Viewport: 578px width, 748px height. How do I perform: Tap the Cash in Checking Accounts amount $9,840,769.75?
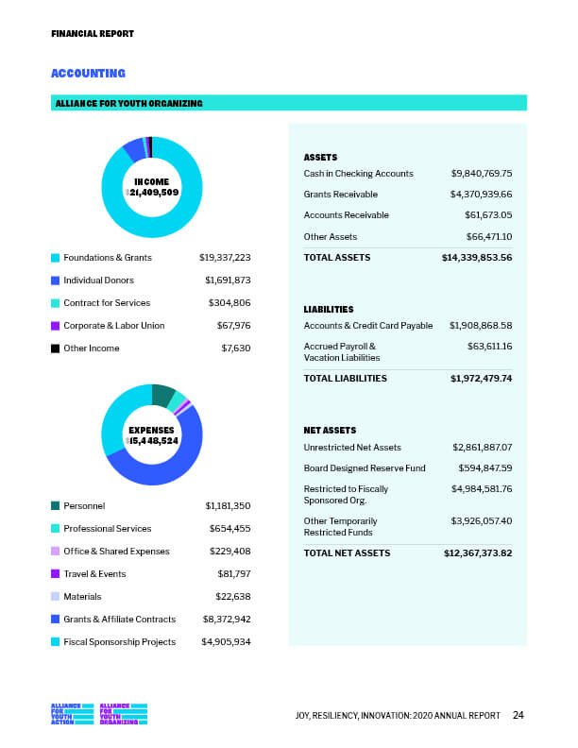click(x=481, y=174)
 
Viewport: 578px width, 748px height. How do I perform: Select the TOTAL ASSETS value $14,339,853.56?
click(x=476, y=257)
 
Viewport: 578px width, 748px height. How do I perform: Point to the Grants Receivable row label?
click(x=340, y=195)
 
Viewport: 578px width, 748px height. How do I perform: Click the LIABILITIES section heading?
click(x=328, y=310)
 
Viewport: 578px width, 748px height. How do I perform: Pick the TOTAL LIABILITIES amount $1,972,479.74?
click(x=481, y=378)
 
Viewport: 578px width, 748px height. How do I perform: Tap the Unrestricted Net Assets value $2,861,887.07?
click(x=481, y=446)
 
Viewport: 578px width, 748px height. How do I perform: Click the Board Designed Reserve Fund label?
click(x=364, y=467)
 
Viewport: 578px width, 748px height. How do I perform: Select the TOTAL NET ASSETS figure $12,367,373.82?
click(x=477, y=552)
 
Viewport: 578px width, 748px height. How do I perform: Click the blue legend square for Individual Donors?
click(x=56, y=280)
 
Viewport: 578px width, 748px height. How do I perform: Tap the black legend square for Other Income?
click(x=56, y=348)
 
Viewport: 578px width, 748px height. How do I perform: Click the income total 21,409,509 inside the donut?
click(x=153, y=192)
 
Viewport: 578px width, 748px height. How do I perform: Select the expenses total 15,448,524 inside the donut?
click(x=153, y=440)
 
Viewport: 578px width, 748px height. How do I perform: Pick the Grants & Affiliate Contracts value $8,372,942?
click(x=226, y=620)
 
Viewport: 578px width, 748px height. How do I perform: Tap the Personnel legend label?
click(x=84, y=506)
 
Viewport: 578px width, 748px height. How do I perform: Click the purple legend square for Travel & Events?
click(x=56, y=574)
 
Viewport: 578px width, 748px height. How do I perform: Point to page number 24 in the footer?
click(x=518, y=715)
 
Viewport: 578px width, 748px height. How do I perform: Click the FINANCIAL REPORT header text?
click(x=92, y=33)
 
